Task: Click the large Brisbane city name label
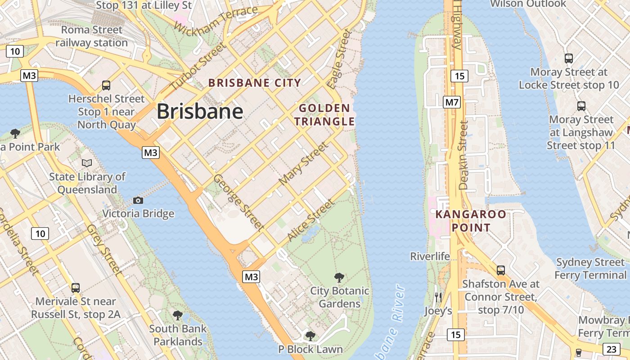tap(200, 111)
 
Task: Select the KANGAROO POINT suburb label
tap(471, 220)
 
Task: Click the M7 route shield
tap(452, 102)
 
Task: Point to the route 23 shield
tap(611, 349)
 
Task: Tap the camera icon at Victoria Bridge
tap(138, 200)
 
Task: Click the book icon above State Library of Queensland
tap(87, 163)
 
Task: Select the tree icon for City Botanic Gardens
tap(339, 278)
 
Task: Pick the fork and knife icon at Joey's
tap(438, 297)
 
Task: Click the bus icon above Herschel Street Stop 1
tap(106, 85)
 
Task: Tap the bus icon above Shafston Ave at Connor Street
tap(500, 270)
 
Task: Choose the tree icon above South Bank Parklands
tap(178, 315)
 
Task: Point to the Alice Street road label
tap(311, 220)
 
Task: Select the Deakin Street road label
tap(463, 155)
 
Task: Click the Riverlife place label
tap(430, 256)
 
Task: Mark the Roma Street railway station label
tap(92, 36)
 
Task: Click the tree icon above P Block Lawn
tap(310, 336)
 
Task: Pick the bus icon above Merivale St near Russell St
tap(76, 288)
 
